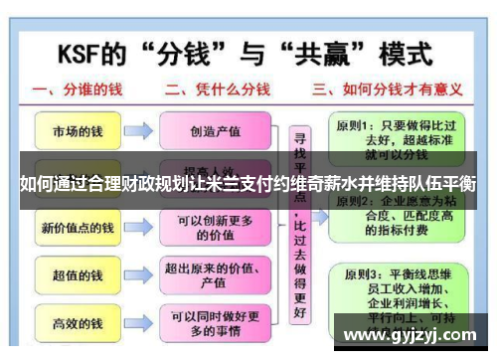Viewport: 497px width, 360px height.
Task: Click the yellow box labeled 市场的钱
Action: pos(78,131)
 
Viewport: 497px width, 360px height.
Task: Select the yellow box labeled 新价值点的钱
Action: pos(78,229)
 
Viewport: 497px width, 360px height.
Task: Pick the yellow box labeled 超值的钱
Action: pos(78,274)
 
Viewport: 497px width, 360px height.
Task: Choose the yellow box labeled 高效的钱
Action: pos(78,323)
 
